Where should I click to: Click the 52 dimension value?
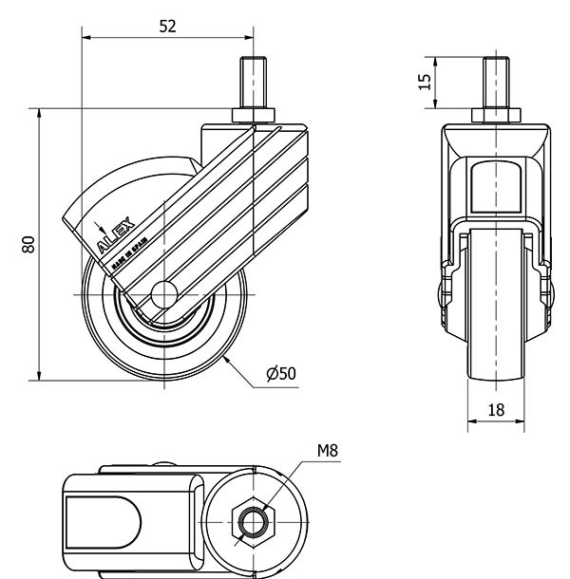coord(166,26)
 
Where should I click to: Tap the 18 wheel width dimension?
coord(495,410)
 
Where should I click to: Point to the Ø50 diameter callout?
coord(281,373)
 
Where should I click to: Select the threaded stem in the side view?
coord(254,86)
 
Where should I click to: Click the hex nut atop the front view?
coord(495,116)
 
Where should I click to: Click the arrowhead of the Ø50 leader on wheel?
coord(227,358)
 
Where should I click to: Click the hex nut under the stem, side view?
coord(254,116)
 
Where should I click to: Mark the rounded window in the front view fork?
coord(495,185)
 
